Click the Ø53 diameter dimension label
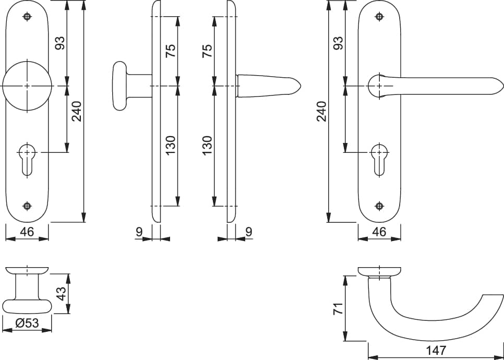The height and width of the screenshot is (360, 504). pos(27,323)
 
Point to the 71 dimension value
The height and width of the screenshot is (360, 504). pos(339,308)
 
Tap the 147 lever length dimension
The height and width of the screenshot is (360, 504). pos(436,351)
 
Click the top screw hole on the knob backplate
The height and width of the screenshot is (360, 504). pos(27,16)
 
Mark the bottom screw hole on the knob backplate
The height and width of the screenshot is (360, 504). pos(27,206)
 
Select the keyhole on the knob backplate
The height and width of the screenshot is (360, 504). pos(27,160)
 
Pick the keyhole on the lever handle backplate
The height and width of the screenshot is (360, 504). pos(380,160)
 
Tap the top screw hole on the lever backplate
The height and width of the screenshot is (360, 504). pos(380,16)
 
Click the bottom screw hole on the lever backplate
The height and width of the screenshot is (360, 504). pos(380,206)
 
